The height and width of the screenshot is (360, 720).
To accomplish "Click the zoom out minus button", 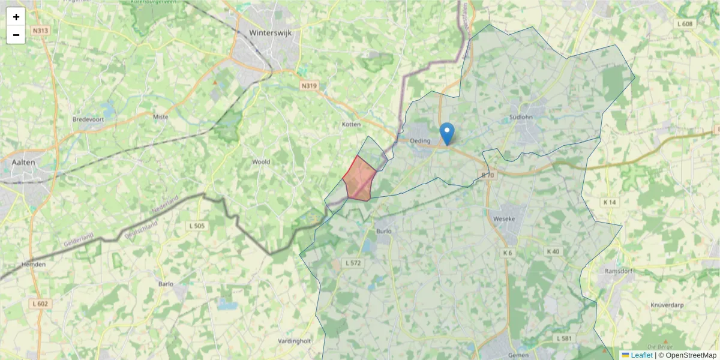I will pyautogui.click(x=16, y=35).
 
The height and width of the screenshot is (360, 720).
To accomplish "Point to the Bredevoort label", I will pyautogui.click(x=89, y=119).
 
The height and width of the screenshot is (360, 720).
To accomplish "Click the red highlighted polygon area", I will pyautogui.click(x=359, y=179).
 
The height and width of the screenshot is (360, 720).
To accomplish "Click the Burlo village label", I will pyautogui.click(x=384, y=230).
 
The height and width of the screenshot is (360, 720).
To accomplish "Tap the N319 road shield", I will pyautogui.click(x=309, y=86).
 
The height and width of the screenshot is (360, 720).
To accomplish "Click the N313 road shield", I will pyautogui.click(x=41, y=31).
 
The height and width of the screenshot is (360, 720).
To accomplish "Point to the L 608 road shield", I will pyautogui.click(x=684, y=24).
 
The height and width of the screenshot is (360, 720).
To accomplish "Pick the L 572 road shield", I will pyautogui.click(x=353, y=263).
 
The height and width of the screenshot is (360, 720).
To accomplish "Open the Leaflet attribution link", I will pyautogui.click(x=641, y=355).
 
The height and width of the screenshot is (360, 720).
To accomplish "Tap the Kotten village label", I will pyautogui.click(x=350, y=124).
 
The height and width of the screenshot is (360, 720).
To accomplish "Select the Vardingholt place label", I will pyautogui.click(x=295, y=341).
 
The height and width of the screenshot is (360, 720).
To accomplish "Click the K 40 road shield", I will pyautogui.click(x=553, y=251).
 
